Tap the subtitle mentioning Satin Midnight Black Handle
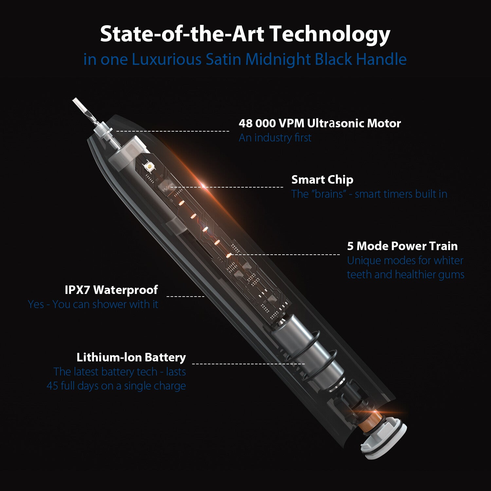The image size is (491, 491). click(x=245, y=59)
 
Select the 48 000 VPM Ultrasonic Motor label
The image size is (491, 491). click(x=320, y=123)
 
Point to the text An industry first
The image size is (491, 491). click(x=275, y=137)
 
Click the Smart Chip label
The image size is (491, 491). click(x=322, y=180)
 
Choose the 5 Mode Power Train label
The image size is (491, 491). click(x=402, y=246)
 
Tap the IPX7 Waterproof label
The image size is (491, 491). click(x=111, y=290)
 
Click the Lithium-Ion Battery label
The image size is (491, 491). click(x=131, y=357)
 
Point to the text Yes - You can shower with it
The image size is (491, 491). click(x=93, y=304)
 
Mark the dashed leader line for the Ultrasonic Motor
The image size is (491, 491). click(x=173, y=131)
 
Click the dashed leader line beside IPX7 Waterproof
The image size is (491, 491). click(x=185, y=297)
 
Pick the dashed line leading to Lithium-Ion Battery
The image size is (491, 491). click(x=248, y=364)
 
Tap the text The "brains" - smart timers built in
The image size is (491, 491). click(x=369, y=194)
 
